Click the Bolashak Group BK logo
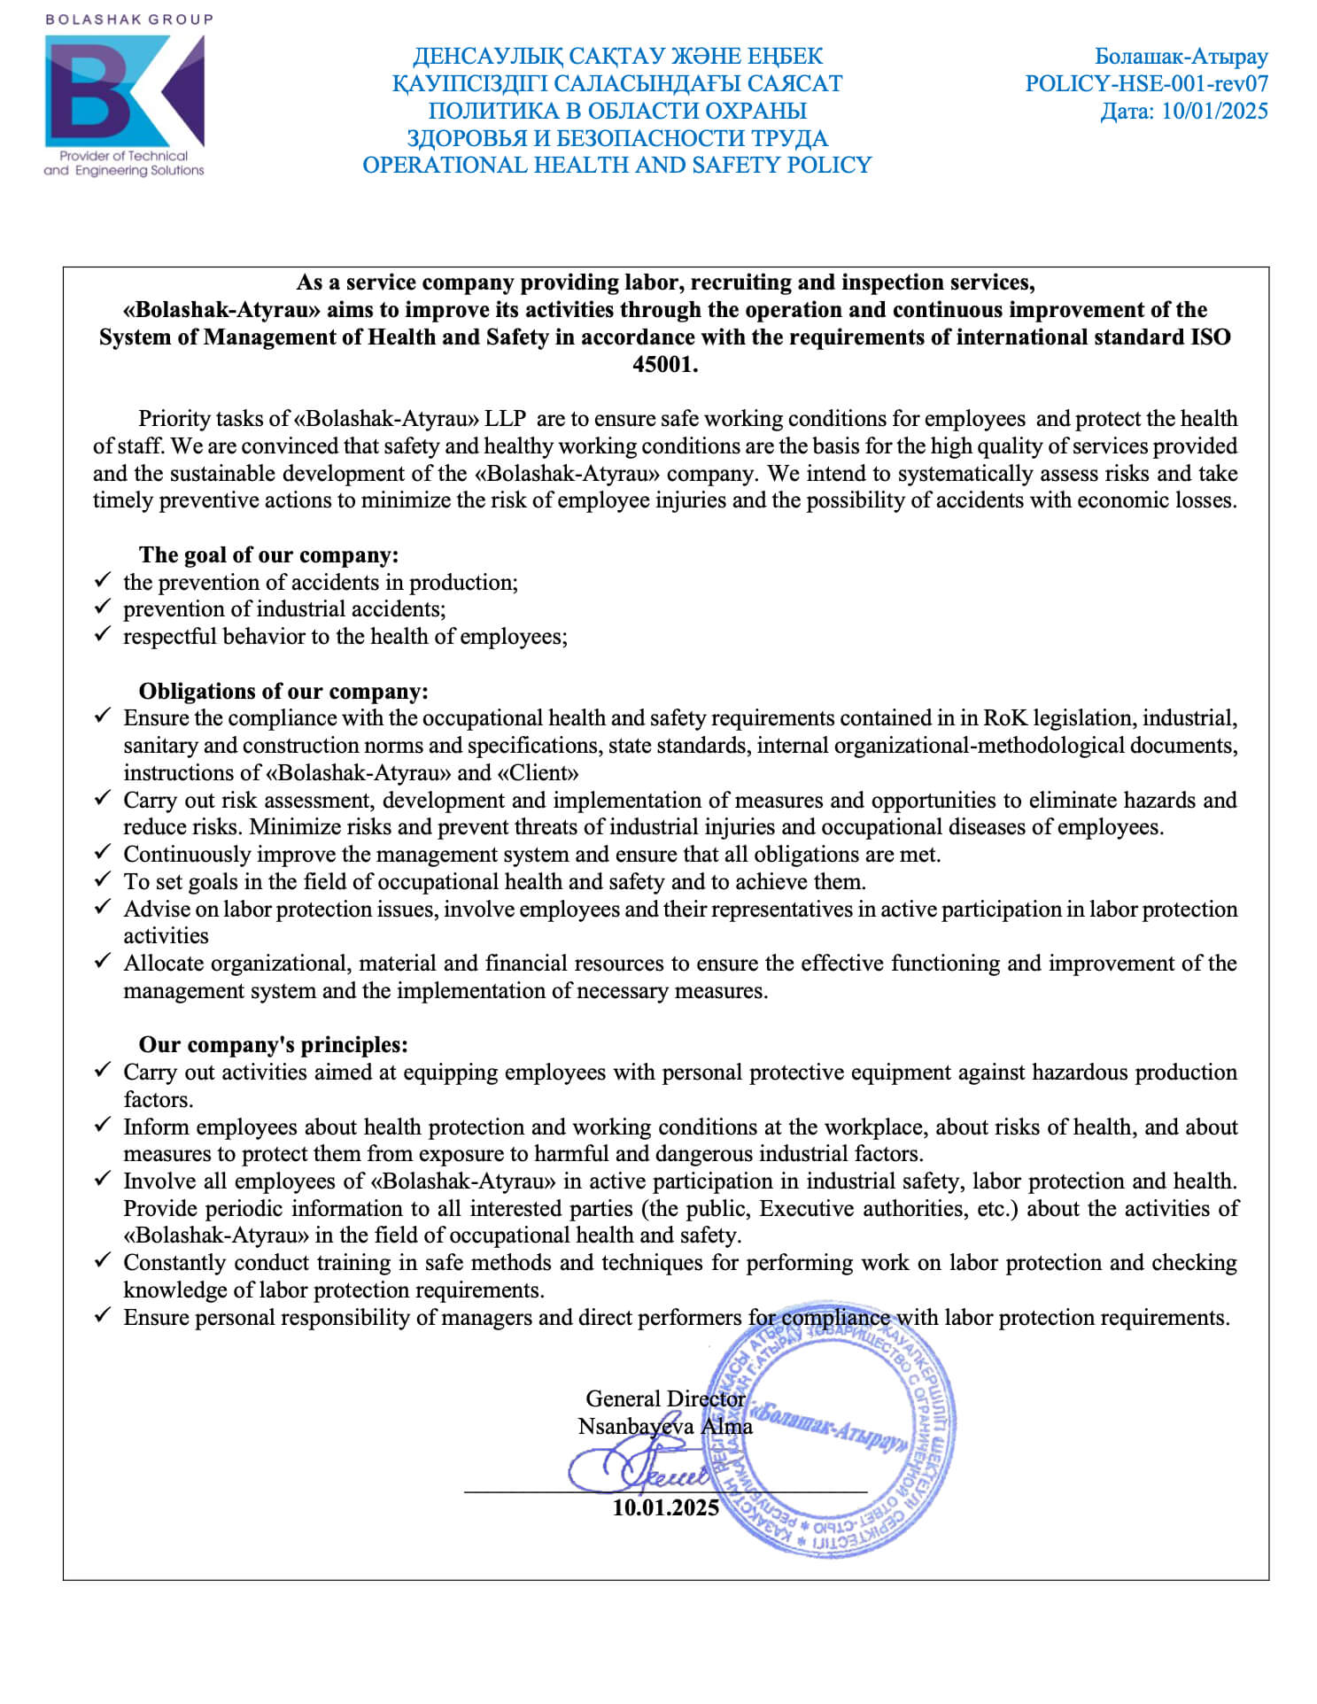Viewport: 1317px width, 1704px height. pyautogui.click(x=124, y=91)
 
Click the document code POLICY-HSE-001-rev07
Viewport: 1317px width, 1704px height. pyautogui.click(x=1146, y=84)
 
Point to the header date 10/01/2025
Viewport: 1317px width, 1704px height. pyautogui.click(x=1214, y=112)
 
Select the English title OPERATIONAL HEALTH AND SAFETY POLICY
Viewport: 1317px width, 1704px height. pyautogui.click(x=616, y=166)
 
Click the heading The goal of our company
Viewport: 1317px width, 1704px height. pyautogui.click(x=268, y=555)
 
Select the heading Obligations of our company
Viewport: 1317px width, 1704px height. pyautogui.click(x=283, y=692)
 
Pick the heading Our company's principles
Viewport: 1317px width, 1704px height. pyautogui.click(x=273, y=1045)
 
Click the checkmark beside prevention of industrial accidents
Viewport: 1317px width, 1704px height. pyautogui.click(x=103, y=608)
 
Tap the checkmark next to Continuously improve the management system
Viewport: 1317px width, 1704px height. pyautogui.click(x=103, y=853)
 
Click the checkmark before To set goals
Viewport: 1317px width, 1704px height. pyautogui.click(x=103, y=880)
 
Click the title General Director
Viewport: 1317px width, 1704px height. pyautogui.click(x=664, y=1398)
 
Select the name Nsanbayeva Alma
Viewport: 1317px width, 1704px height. pyautogui.click(x=664, y=1426)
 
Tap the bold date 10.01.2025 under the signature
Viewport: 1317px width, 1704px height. pyautogui.click(x=665, y=1507)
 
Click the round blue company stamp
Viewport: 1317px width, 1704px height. pyautogui.click(x=833, y=1444)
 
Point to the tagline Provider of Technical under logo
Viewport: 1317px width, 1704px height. pyautogui.click(x=124, y=156)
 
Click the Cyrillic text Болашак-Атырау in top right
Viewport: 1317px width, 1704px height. pyautogui.click(x=1181, y=57)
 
